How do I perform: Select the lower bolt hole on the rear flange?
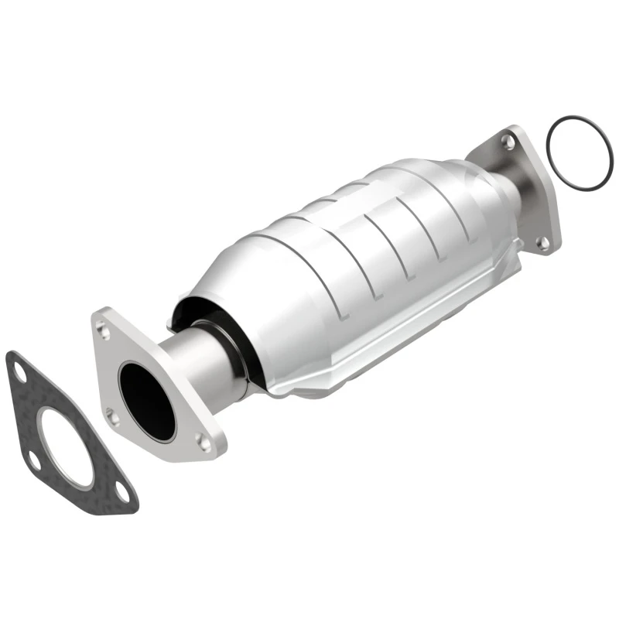(x=543, y=242)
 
